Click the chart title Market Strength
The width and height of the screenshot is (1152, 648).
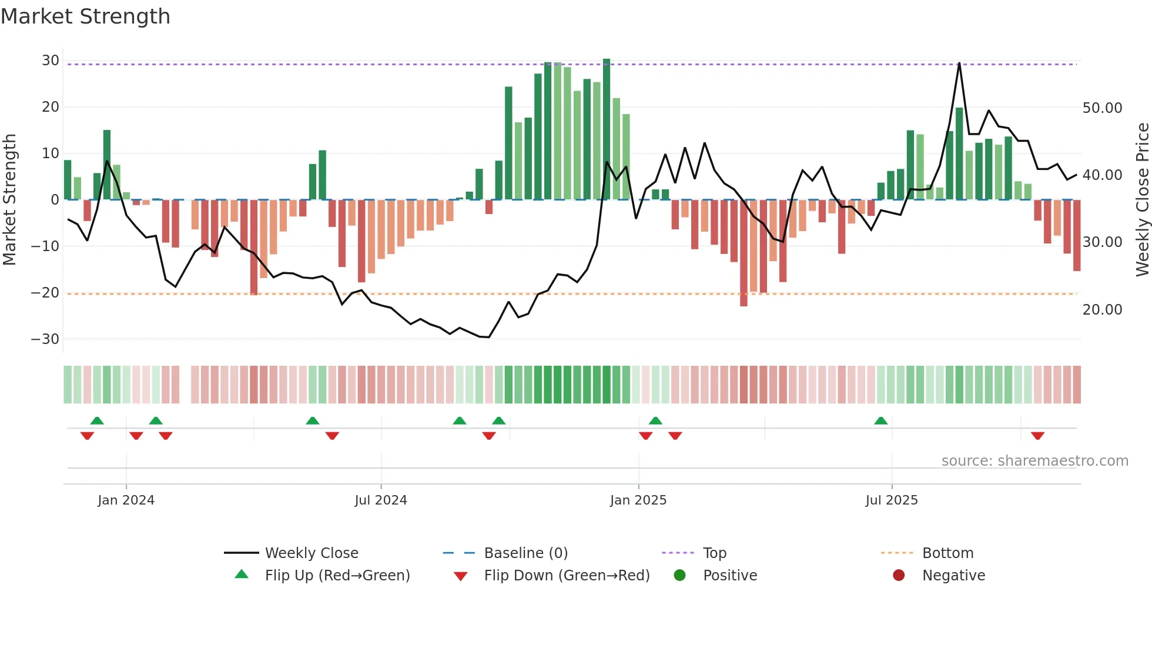tap(85, 16)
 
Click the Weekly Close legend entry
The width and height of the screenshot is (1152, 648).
tap(311, 553)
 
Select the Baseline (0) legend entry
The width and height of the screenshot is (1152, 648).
tap(525, 553)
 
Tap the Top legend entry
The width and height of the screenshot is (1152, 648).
tap(714, 553)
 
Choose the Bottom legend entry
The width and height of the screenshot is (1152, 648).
tap(947, 553)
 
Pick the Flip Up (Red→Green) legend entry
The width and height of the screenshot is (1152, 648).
tap(337, 576)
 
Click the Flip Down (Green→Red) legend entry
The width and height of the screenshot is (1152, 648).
tap(566, 576)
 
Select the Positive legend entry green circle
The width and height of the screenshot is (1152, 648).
tap(680, 576)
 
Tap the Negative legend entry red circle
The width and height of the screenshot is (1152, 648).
tap(899, 576)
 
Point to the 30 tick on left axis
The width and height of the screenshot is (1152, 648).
tap(51, 61)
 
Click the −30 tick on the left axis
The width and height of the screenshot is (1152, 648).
tap(45, 339)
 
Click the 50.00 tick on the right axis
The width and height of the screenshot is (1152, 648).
tap(1102, 108)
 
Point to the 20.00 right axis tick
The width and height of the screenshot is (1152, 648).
tap(1102, 310)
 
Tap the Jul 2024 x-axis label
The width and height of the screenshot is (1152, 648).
tap(381, 500)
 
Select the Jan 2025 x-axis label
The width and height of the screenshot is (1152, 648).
tap(638, 500)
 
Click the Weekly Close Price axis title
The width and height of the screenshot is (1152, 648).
tap(1142, 200)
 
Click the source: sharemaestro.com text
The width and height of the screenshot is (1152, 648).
tap(1034, 461)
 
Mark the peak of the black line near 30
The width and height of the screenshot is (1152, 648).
tap(959, 63)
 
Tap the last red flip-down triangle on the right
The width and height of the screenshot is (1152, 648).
tap(1037, 436)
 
